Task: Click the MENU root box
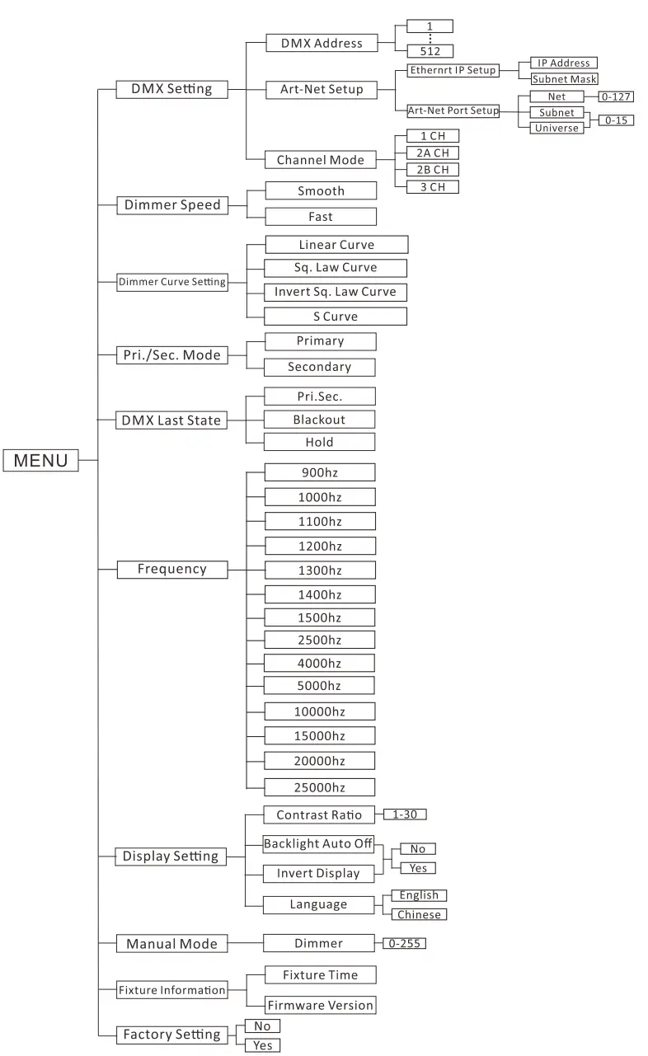[x=41, y=460]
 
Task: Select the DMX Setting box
[x=171, y=89]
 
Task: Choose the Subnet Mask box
[x=564, y=79]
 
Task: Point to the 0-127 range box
[x=617, y=96]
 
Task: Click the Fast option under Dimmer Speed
[x=321, y=216]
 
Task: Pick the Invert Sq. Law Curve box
[x=335, y=292]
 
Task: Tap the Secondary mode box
[x=319, y=367]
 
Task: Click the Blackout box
[x=319, y=420]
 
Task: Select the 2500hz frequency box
[x=319, y=640]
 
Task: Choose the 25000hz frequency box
[x=319, y=786]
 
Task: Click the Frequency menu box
[x=171, y=569]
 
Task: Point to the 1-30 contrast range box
[x=405, y=814]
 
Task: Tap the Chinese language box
[x=419, y=914]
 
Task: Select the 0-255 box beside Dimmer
[x=404, y=943]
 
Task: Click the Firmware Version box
[x=319, y=1005]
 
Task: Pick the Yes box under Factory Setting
[x=262, y=1045]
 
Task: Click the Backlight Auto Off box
[x=319, y=844]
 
